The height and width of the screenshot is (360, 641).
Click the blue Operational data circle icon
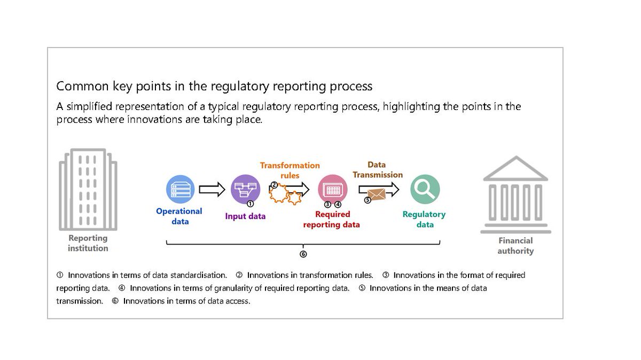[181, 190]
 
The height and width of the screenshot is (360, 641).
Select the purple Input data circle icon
[245, 189]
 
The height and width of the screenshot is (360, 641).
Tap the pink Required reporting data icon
[332, 189]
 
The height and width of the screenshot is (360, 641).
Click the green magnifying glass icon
[425, 190]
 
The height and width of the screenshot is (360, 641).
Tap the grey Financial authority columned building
[515, 194]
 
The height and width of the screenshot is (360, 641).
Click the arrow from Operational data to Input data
[212, 189]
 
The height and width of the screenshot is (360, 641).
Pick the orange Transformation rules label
[290, 170]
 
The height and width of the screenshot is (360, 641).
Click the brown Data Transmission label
[377, 170]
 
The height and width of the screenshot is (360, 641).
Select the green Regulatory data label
[424, 220]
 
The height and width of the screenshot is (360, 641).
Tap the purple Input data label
[245, 216]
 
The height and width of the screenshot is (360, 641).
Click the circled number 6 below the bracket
[303, 254]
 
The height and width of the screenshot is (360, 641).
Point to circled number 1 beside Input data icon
[250, 204]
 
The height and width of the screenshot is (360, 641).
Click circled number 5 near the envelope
[367, 200]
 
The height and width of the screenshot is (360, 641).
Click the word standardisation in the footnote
[198, 275]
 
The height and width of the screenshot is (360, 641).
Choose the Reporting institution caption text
[88, 243]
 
